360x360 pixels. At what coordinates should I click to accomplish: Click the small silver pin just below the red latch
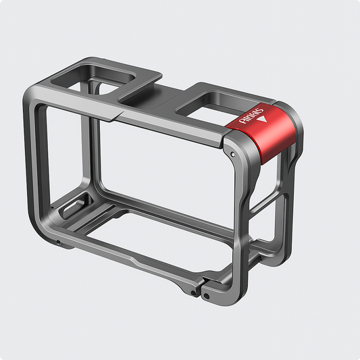pos(233,155)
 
